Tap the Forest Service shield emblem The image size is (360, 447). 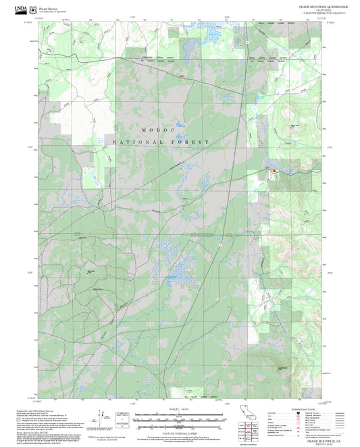(34, 7)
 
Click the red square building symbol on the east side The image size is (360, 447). (274, 172)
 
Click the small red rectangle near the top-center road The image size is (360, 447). (182, 76)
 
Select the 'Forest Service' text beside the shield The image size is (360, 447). (49, 5)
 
